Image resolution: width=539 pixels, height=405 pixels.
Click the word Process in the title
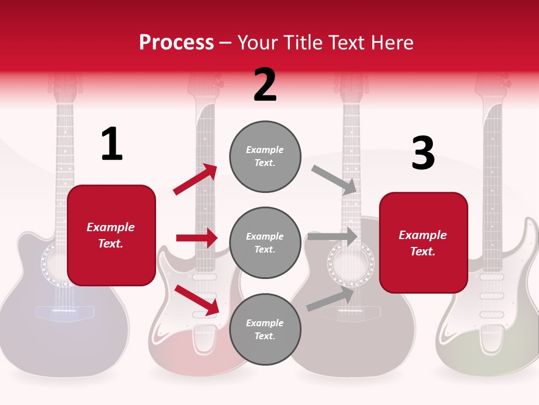(x=176, y=43)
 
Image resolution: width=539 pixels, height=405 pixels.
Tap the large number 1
(x=111, y=145)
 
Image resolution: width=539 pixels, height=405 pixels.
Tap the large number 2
(x=265, y=85)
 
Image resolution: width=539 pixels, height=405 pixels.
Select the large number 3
(x=423, y=154)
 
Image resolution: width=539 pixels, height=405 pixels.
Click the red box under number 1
(x=111, y=235)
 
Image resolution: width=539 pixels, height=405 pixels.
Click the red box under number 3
(x=423, y=243)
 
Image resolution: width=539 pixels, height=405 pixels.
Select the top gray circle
(x=265, y=156)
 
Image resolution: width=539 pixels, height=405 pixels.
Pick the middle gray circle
(x=265, y=242)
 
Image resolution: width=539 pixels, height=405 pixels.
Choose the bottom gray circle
(x=265, y=330)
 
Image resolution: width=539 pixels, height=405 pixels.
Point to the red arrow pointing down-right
(x=197, y=299)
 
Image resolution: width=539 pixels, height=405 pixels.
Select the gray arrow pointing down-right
(x=335, y=180)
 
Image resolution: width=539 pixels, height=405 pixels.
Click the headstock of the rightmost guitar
(x=492, y=84)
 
